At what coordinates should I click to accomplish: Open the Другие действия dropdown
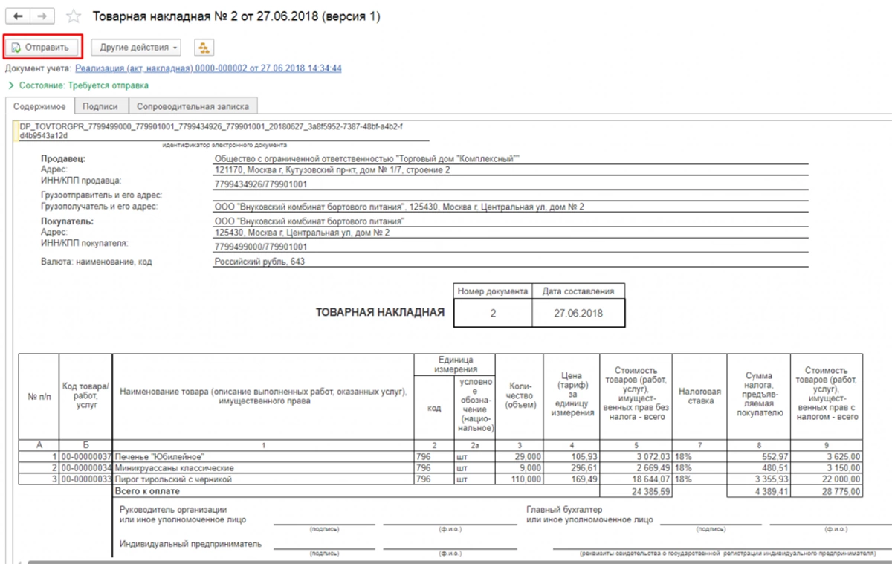[x=136, y=48]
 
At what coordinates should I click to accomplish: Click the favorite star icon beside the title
[x=74, y=16]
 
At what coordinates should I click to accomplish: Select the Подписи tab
[x=100, y=106]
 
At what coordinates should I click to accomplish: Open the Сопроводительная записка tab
[x=193, y=106]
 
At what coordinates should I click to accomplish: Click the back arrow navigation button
[x=18, y=16]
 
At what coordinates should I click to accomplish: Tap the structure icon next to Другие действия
[x=203, y=48]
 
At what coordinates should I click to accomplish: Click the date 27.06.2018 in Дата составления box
[x=578, y=314]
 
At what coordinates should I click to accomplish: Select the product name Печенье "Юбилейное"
[x=159, y=456]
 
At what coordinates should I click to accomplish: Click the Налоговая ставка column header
[x=699, y=396]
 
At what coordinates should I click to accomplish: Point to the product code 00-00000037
[x=86, y=456]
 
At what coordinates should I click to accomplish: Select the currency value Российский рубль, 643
[x=259, y=262]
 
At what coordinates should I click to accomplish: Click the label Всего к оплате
[x=146, y=492]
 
